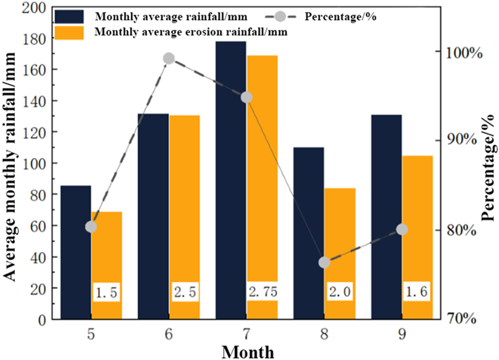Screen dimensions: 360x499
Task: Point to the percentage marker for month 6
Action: pos(169,58)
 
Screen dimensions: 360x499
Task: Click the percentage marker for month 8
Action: pos(324,262)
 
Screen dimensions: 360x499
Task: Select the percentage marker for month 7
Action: pos(247,97)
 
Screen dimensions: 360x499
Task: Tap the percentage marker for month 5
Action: pos(91,227)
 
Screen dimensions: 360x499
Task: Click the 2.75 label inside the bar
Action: pos(263,292)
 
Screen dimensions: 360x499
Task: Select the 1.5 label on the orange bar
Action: pos(107,293)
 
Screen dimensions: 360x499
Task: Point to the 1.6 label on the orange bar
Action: pos(418,292)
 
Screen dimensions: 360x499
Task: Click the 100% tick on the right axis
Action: pos(460,53)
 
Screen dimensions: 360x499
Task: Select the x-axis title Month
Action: pos(248,351)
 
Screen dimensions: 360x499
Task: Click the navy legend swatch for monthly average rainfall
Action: pos(70,16)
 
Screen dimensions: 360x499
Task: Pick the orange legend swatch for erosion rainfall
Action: pos(70,32)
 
